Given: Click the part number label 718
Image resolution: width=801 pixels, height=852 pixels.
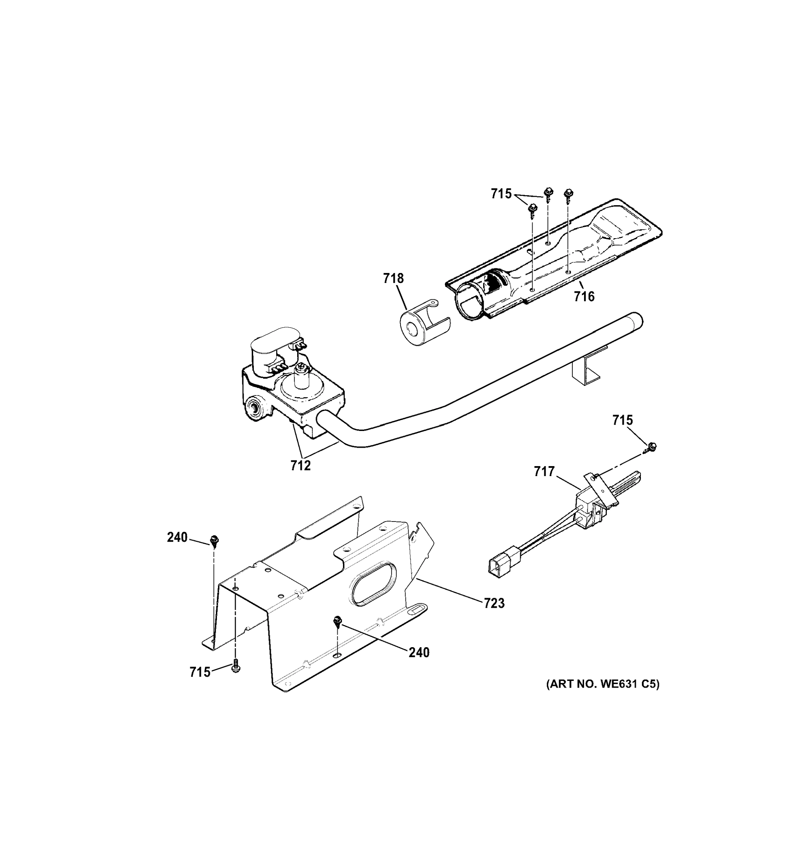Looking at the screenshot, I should (393, 279).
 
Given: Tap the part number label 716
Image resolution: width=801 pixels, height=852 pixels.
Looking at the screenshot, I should (584, 296).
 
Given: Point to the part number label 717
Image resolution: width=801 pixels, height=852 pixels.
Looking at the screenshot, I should (544, 472).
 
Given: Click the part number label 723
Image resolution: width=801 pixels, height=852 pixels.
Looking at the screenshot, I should (494, 603).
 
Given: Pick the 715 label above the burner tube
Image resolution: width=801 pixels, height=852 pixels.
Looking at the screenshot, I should (501, 194).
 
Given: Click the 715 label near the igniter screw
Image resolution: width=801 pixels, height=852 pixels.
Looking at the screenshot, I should (622, 420).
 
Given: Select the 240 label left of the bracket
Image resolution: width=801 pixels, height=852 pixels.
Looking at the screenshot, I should (177, 537).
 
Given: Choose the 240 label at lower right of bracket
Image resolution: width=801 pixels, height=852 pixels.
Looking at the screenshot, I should (419, 652).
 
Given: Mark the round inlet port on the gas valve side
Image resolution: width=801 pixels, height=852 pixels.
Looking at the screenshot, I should (255, 406).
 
